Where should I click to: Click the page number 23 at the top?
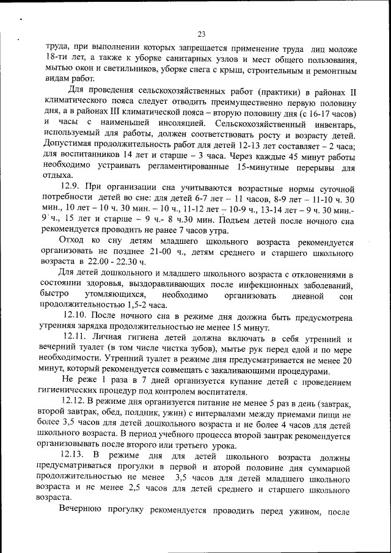pyautogui.click(x=201, y=34)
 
